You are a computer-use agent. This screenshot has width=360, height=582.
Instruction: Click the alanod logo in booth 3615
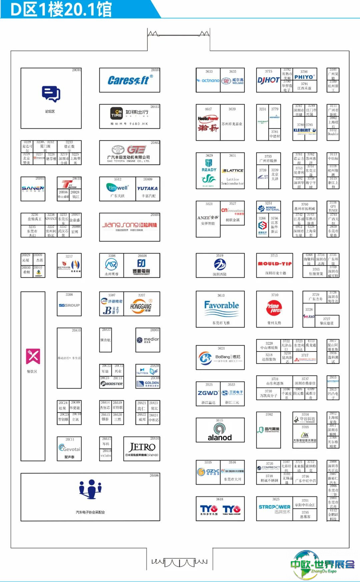click(220, 432)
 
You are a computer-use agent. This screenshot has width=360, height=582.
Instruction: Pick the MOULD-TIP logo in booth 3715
click(275, 263)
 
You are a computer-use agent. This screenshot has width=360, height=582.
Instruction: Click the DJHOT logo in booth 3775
click(268, 80)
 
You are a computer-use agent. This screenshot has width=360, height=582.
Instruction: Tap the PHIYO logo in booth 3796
click(304, 77)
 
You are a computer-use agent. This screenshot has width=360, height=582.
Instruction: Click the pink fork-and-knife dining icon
click(33, 357)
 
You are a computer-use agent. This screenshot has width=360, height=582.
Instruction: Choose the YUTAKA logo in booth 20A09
click(147, 188)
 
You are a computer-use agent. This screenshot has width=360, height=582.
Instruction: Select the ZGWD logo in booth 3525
click(208, 393)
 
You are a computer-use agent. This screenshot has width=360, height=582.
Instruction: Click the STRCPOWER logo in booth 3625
click(274, 507)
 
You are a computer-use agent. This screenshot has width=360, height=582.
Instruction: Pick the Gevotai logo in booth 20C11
click(69, 448)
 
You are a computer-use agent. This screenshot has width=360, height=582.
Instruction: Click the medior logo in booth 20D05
click(148, 340)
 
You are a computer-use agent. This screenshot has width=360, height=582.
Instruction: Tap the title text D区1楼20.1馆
click(61, 9)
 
